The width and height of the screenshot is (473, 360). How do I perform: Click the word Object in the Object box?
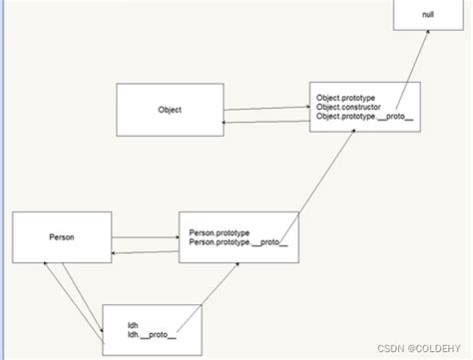click(x=170, y=111)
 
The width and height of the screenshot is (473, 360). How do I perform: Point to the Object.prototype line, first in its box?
click(x=344, y=99)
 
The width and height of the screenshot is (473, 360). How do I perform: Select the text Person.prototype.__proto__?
click(x=238, y=243)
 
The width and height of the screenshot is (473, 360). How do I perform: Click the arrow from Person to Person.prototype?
click(x=144, y=237)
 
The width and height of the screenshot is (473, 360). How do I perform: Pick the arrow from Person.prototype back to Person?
click(x=144, y=253)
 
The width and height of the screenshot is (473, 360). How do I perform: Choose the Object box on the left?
click(x=170, y=111)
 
